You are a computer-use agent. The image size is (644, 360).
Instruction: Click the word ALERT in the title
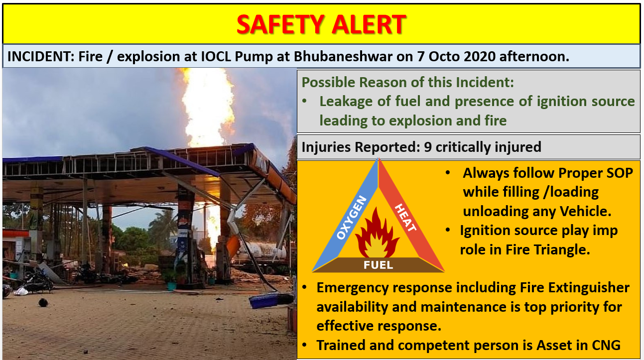pyautogui.click(x=369, y=24)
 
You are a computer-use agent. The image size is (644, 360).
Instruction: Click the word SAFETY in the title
pyautogui.click(x=280, y=24)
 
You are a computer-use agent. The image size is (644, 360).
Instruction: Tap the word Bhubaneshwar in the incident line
pyautogui.click(x=343, y=56)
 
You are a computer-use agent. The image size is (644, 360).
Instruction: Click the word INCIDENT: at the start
pyautogui.click(x=40, y=56)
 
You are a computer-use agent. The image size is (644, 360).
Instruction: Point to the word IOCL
pyautogui.click(x=216, y=56)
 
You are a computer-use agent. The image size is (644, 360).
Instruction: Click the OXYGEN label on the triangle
pyautogui.click(x=352, y=218)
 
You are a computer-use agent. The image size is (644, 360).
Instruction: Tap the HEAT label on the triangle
pyautogui.click(x=405, y=218)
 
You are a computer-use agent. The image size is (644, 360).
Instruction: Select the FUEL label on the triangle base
pyautogui.click(x=378, y=265)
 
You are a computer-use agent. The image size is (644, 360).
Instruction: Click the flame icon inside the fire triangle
pyautogui.click(x=377, y=234)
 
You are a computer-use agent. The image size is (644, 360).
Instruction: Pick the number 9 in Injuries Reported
pyautogui.click(x=428, y=147)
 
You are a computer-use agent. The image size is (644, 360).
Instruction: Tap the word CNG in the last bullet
pyautogui.click(x=606, y=345)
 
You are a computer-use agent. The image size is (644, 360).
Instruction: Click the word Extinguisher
pyautogui.click(x=589, y=288)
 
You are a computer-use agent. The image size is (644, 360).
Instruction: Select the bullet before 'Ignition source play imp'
pyautogui.click(x=448, y=230)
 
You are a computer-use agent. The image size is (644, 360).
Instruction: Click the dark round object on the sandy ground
pyautogui.click(x=43, y=302)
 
